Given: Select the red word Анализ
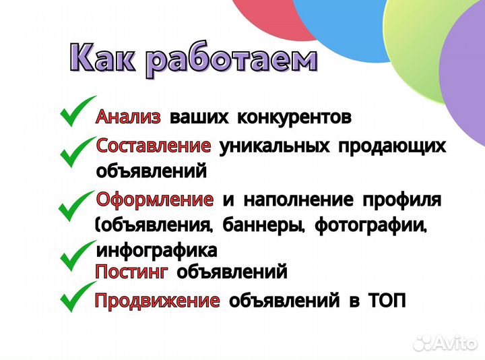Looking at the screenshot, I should tap(129, 117).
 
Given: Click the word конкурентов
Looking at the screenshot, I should tap(294, 118).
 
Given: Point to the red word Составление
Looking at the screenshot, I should tap(154, 146).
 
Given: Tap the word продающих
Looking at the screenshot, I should tap(391, 146).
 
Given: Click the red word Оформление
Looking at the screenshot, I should tap(155, 200).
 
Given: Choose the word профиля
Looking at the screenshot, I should tap(402, 200).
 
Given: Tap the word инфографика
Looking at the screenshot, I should tap(157, 251).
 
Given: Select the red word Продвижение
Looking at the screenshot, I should tap(157, 301).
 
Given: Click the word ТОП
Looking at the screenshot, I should tap(387, 301).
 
